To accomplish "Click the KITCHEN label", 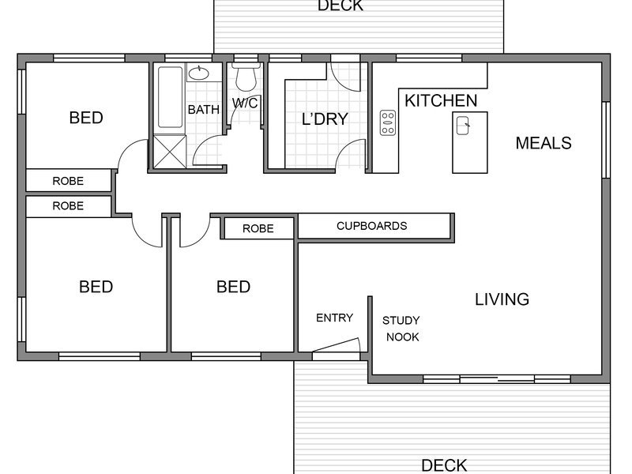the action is [x=441, y=101].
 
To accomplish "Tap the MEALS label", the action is [x=544, y=143].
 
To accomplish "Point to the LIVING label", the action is [x=502, y=299].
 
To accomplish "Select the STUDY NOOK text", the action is [x=401, y=329].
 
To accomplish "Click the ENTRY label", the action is [x=334, y=318].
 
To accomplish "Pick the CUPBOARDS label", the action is [x=371, y=226].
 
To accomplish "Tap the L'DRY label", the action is [x=325, y=119].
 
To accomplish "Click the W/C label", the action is [x=245, y=103].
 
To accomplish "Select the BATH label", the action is [x=204, y=109].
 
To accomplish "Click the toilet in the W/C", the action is [x=246, y=77].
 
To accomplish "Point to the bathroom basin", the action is [x=199, y=73].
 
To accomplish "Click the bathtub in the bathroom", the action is [x=170, y=97].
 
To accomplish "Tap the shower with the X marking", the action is [x=170, y=152].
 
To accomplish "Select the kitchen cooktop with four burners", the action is [x=388, y=122].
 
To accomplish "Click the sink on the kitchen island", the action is [x=463, y=126].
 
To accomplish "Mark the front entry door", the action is [x=337, y=346].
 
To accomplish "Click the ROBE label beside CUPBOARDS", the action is [x=258, y=228].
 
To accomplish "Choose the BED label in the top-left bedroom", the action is [x=86, y=118].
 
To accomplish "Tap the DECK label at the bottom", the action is [x=444, y=465].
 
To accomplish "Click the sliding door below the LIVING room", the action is [x=497, y=379].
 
